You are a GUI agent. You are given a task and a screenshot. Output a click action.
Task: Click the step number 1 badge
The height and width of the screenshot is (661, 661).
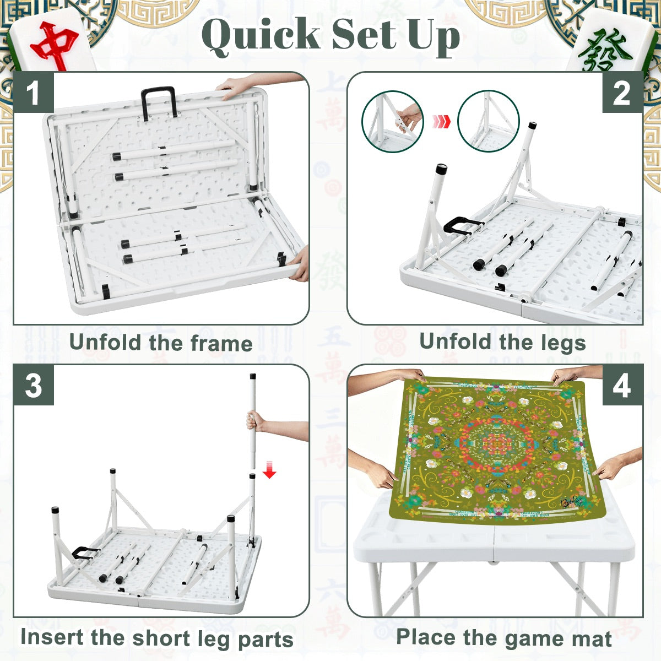(x=33, y=93)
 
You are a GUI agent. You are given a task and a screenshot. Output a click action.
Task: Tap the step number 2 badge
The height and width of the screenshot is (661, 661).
(x=621, y=93)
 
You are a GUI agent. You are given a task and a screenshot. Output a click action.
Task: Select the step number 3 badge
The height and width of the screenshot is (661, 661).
(x=33, y=386)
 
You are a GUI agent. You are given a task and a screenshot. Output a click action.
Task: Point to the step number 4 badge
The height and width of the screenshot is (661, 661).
(x=621, y=386)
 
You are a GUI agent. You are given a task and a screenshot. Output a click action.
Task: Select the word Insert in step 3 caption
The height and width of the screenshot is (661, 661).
(x=52, y=637)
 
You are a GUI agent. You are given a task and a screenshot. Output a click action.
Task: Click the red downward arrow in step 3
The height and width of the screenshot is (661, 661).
(x=269, y=471)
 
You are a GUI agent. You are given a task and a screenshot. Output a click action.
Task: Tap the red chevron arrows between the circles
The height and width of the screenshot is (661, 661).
(x=441, y=121)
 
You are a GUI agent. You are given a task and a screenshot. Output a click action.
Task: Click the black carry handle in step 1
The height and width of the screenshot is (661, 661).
(x=159, y=102)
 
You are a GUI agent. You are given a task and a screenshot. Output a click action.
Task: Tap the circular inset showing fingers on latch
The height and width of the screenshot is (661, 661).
(x=392, y=121)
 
